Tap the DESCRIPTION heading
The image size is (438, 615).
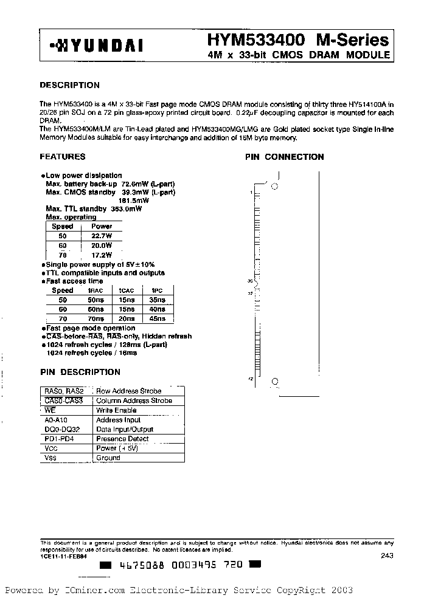[69, 85]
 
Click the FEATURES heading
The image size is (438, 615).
[63, 157]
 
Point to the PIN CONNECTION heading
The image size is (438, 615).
[284, 157]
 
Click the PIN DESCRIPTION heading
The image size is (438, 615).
[80, 372]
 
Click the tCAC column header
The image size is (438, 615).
[127, 290]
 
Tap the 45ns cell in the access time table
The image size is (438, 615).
[157, 319]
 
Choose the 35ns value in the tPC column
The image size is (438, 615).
[157, 300]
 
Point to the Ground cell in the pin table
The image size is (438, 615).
[108, 458]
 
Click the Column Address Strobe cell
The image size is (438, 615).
[134, 400]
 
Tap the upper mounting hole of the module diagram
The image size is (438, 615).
[274, 187]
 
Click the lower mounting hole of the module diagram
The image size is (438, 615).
[275, 382]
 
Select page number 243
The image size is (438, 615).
[387, 555]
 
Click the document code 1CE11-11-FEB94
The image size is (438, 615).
[63, 555]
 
